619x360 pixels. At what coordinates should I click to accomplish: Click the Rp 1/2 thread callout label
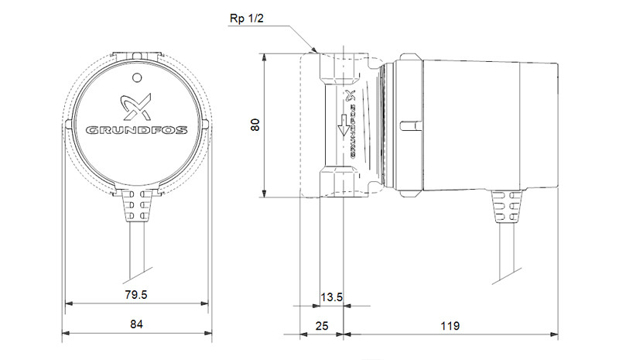point(246,19)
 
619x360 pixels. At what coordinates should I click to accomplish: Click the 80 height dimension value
point(256,125)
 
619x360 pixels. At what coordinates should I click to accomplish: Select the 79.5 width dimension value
point(136,295)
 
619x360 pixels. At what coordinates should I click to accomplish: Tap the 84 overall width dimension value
point(136,324)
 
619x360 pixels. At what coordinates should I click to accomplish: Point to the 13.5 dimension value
point(332,297)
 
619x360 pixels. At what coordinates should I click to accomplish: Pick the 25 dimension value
point(322,326)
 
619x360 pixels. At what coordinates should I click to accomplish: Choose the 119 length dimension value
point(450,326)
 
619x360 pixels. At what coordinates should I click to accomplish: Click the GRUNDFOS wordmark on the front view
point(137,130)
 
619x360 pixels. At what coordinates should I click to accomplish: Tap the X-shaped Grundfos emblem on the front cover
point(136,107)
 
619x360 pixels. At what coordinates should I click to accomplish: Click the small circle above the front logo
point(137,78)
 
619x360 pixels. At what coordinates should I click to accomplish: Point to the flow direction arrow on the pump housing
point(343,125)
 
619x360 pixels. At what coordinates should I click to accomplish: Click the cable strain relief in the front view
point(137,205)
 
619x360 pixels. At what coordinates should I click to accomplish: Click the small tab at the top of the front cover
point(137,55)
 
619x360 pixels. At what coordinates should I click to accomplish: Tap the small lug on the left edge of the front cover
point(68,124)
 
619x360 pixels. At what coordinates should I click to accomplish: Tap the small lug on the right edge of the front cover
point(205,124)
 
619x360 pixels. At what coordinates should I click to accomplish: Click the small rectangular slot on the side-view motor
point(411,125)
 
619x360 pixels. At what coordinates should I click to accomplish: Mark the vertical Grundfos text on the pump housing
point(353,131)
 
